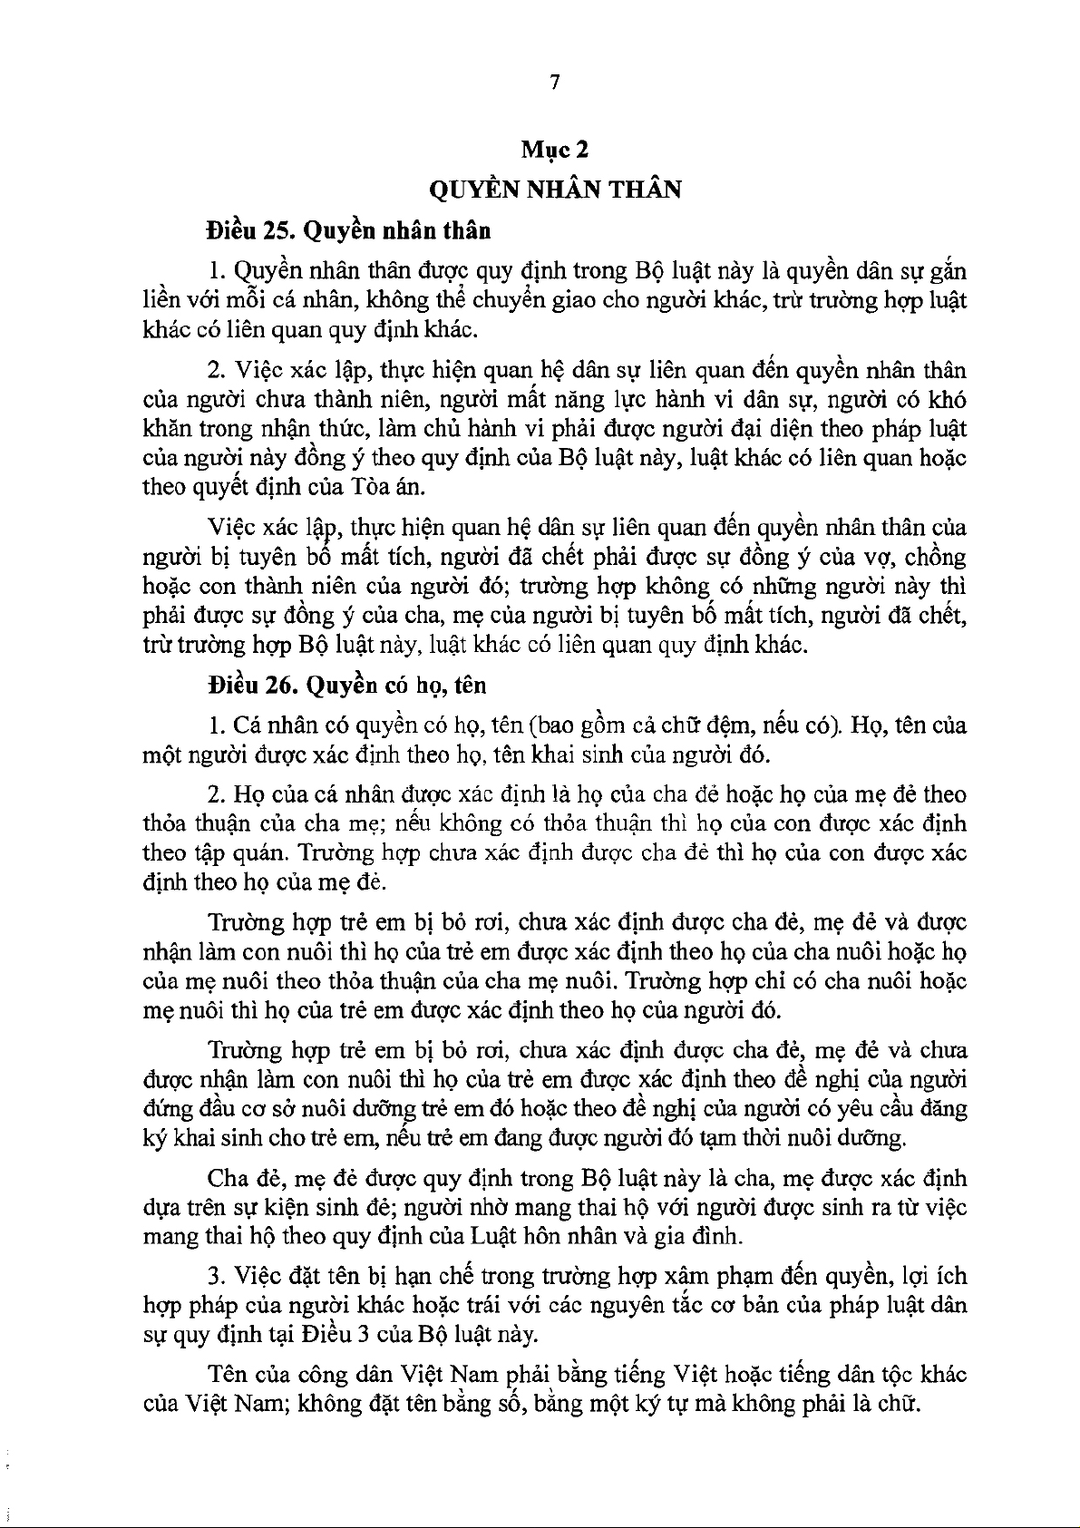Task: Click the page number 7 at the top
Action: pos(555,83)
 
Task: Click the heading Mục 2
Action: pos(555,149)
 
